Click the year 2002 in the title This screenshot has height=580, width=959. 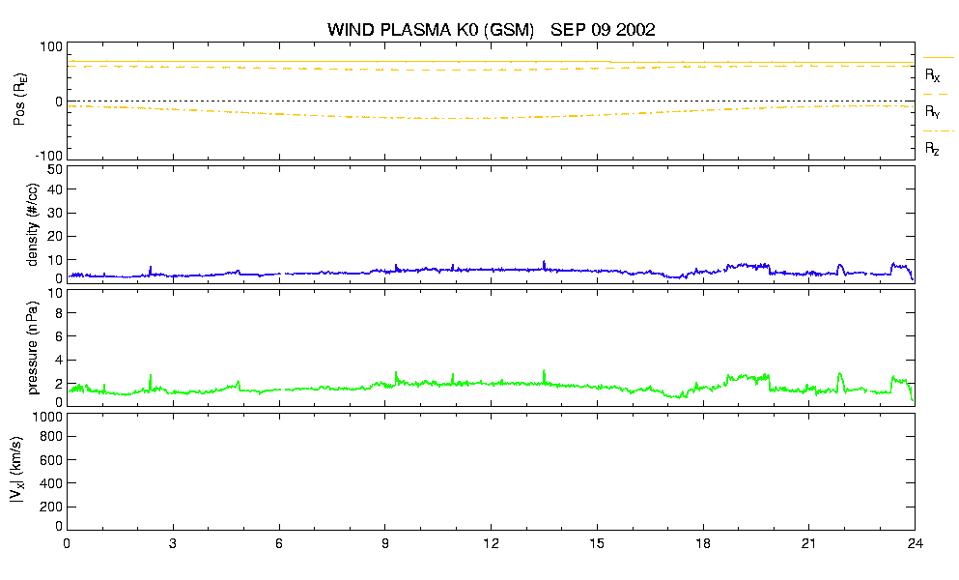click(635, 29)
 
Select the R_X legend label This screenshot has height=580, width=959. click(933, 75)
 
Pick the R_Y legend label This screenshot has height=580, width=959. click(933, 111)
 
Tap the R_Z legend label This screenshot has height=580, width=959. click(932, 148)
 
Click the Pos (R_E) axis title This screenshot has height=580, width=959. click(19, 101)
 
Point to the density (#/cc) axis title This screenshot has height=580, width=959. click(33, 224)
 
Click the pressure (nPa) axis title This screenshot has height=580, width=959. click(33, 348)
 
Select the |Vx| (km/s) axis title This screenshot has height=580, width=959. click(17, 471)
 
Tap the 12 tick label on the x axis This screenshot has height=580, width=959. click(491, 543)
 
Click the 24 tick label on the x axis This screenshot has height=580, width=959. click(915, 543)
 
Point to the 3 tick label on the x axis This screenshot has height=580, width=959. click(173, 543)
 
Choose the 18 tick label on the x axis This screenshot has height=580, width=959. click(703, 543)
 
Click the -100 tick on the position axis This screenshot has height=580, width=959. click(49, 157)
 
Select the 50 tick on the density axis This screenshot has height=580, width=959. click(55, 169)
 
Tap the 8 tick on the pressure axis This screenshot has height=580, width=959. click(59, 313)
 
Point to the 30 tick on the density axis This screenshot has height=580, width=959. click(55, 213)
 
